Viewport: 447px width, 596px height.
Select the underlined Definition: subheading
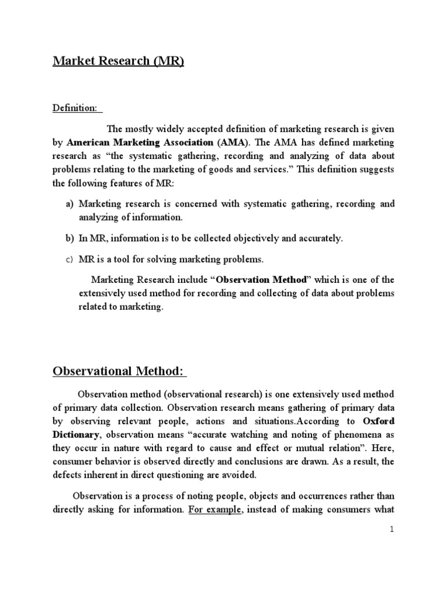coord(76,109)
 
